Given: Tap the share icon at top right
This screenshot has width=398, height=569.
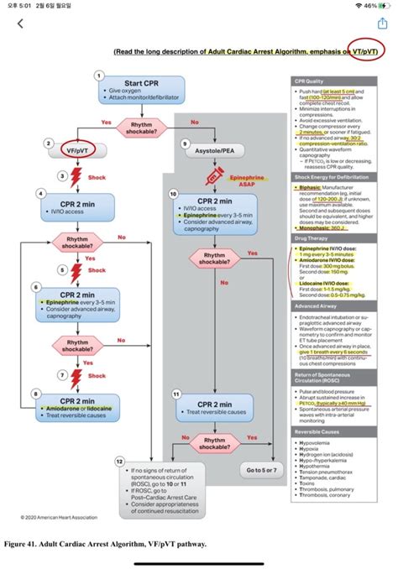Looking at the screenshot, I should point(382,23).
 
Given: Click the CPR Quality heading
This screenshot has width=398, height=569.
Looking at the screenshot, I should point(308,81).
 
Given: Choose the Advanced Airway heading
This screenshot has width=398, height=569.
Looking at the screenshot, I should point(314,307).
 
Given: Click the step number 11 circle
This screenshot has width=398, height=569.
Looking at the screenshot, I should point(175,392).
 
